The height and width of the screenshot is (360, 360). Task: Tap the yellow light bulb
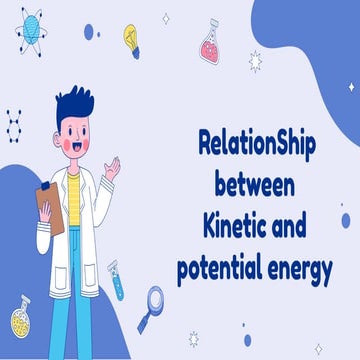pyautogui.click(x=132, y=39)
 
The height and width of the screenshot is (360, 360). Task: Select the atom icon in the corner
pyautogui.click(x=31, y=27)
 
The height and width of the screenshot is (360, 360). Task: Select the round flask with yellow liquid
pyautogui.click(x=21, y=317)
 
